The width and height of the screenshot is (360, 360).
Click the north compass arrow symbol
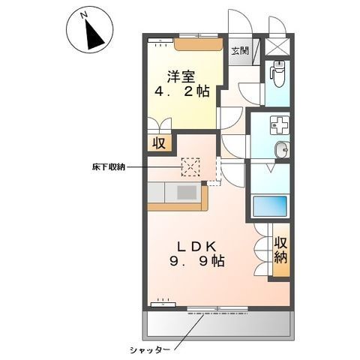[x=92, y=32]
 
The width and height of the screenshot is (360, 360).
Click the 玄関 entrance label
[x=240, y=51]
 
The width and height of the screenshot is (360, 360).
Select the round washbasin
[x=282, y=150]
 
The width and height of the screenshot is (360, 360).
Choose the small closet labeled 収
[x=160, y=142]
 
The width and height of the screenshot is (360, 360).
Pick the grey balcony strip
[x=217, y=322]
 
